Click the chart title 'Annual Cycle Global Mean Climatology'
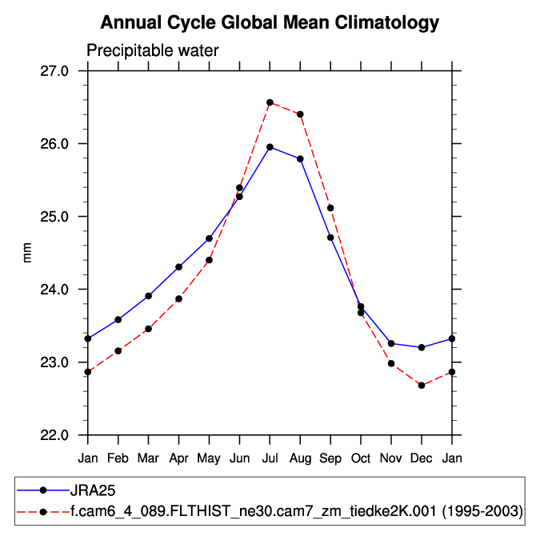point(270,22)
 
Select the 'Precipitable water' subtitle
point(153,51)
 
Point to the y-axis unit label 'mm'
point(28,253)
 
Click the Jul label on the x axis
point(270,458)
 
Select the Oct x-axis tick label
point(361,458)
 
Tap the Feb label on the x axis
point(118,458)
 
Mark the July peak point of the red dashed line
point(270,102)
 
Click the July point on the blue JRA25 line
point(270,147)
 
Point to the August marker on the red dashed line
point(300,114)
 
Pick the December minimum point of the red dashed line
point(422,386)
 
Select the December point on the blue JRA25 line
point(422,347)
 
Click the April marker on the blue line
point(178,267)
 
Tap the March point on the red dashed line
point(148,329)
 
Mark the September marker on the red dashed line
point(330,208)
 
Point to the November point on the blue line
point(391,343)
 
